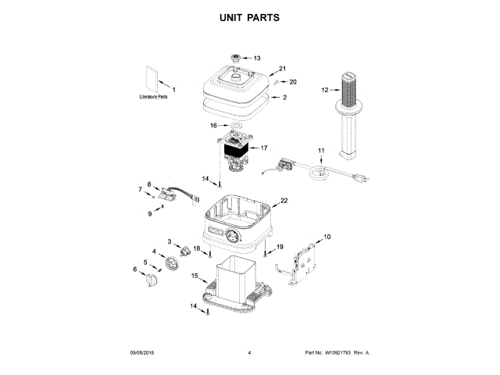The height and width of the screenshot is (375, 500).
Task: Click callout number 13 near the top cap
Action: (x=257, y=58)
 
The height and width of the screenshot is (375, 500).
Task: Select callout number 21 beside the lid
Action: (x=284, y=69)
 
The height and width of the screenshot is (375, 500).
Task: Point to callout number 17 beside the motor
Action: (x=263, y=147)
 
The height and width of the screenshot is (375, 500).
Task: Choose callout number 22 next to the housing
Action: (x=284, y=201)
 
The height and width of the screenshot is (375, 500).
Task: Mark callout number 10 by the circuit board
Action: (x=327, y=236)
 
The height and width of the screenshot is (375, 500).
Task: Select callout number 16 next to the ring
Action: (x=213, y=124)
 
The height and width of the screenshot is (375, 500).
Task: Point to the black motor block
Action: (x=236, y=148)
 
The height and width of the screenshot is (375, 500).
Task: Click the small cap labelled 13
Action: (x=235, y=58)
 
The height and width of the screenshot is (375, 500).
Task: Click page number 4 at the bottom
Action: (x=248, y=353)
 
